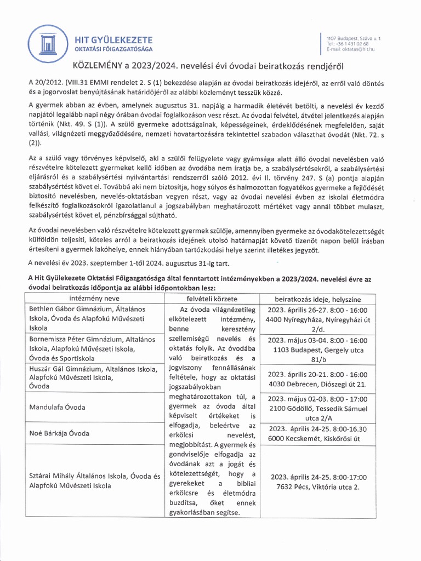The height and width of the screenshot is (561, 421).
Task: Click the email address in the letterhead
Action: (350, 49)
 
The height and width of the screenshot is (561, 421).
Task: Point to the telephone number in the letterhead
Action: (348, 43)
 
